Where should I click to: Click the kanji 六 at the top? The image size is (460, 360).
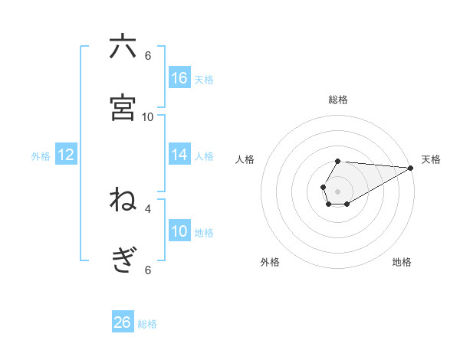(123, 47)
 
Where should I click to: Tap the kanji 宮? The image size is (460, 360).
(123, 107)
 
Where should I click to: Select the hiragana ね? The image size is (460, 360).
(123, 200)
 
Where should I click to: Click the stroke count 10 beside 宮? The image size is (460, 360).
(148, 116)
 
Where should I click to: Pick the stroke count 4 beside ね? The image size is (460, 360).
(148, 208)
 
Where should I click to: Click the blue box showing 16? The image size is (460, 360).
(179, 78)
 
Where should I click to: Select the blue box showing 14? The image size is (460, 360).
(179, 155)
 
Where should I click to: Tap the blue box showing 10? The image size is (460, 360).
(179, 231)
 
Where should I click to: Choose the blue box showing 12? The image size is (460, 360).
(66, 155)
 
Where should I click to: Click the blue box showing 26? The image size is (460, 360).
(123, 322)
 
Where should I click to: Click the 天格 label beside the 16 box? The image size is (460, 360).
(204, 79)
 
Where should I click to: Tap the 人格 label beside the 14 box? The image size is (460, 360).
(204, 155)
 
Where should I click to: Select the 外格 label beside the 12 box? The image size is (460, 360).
(41, 156)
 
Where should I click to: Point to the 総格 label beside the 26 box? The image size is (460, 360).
(147, 324)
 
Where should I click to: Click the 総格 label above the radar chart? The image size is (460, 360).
(338, 100)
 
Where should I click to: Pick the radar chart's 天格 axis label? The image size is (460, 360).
(431, 159)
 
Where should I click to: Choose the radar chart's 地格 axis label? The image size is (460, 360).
(402, 262)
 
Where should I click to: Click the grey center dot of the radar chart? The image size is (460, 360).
(337, 190)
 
